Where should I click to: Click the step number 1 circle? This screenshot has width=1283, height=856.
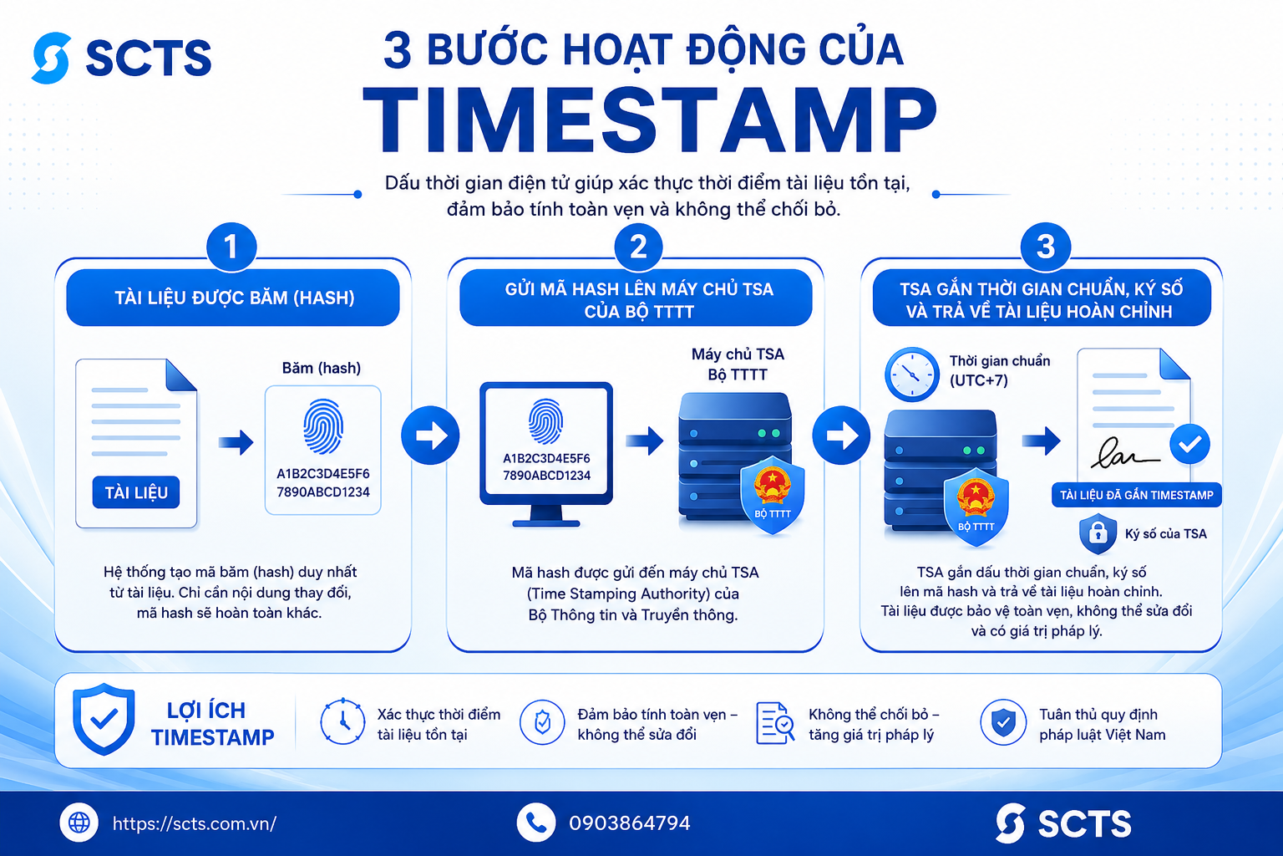[x=231, y=247]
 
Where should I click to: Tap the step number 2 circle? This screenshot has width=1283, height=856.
[x=638, y=247]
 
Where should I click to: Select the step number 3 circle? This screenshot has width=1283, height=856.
[x=1045, y=247]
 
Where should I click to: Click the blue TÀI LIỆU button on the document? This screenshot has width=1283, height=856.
[x=136, y=492]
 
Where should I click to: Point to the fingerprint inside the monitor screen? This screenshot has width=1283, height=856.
[x=545, y=421]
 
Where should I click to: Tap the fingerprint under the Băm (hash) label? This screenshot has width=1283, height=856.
[x=323, y=427]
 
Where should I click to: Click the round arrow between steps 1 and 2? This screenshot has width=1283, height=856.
[x=430, y=436]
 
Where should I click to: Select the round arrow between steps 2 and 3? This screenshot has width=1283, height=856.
[x=841, y=436]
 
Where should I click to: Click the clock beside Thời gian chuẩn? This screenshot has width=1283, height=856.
[x=912, y=374]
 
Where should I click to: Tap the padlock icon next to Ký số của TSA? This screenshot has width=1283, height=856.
[x=1098, y=533]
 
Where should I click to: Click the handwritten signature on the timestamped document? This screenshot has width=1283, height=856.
[x=1123, y=453]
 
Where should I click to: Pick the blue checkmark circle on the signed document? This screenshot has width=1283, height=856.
[x=1189, y=444]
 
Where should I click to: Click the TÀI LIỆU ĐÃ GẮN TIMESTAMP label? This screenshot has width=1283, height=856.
[x=1136, y=495]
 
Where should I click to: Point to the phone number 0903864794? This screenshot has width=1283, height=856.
[x=630, y=823]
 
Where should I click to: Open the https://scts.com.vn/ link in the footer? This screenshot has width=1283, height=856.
[x=194, y=823]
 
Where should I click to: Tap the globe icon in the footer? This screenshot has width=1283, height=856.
[x=79, y=823]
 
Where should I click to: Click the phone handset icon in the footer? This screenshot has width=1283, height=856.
[x=536, y=823]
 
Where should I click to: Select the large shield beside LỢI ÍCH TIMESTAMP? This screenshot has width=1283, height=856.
[x=104, y=719]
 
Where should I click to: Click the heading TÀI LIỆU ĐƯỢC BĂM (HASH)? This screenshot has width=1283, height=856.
[x=234, y=298]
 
